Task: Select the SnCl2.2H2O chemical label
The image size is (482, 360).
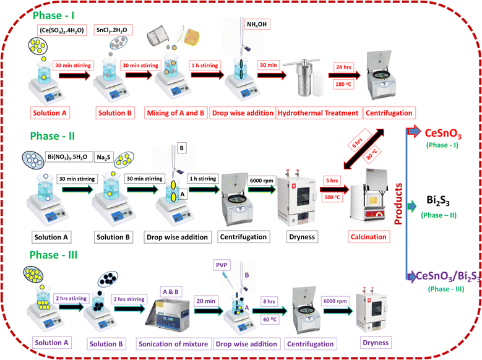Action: pyautogui.click(x=111, y=30)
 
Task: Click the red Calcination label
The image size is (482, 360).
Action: pyautogui.click(x=370, y=236)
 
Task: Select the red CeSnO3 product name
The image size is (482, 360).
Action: pyautogui.click(x=444, y=132)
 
